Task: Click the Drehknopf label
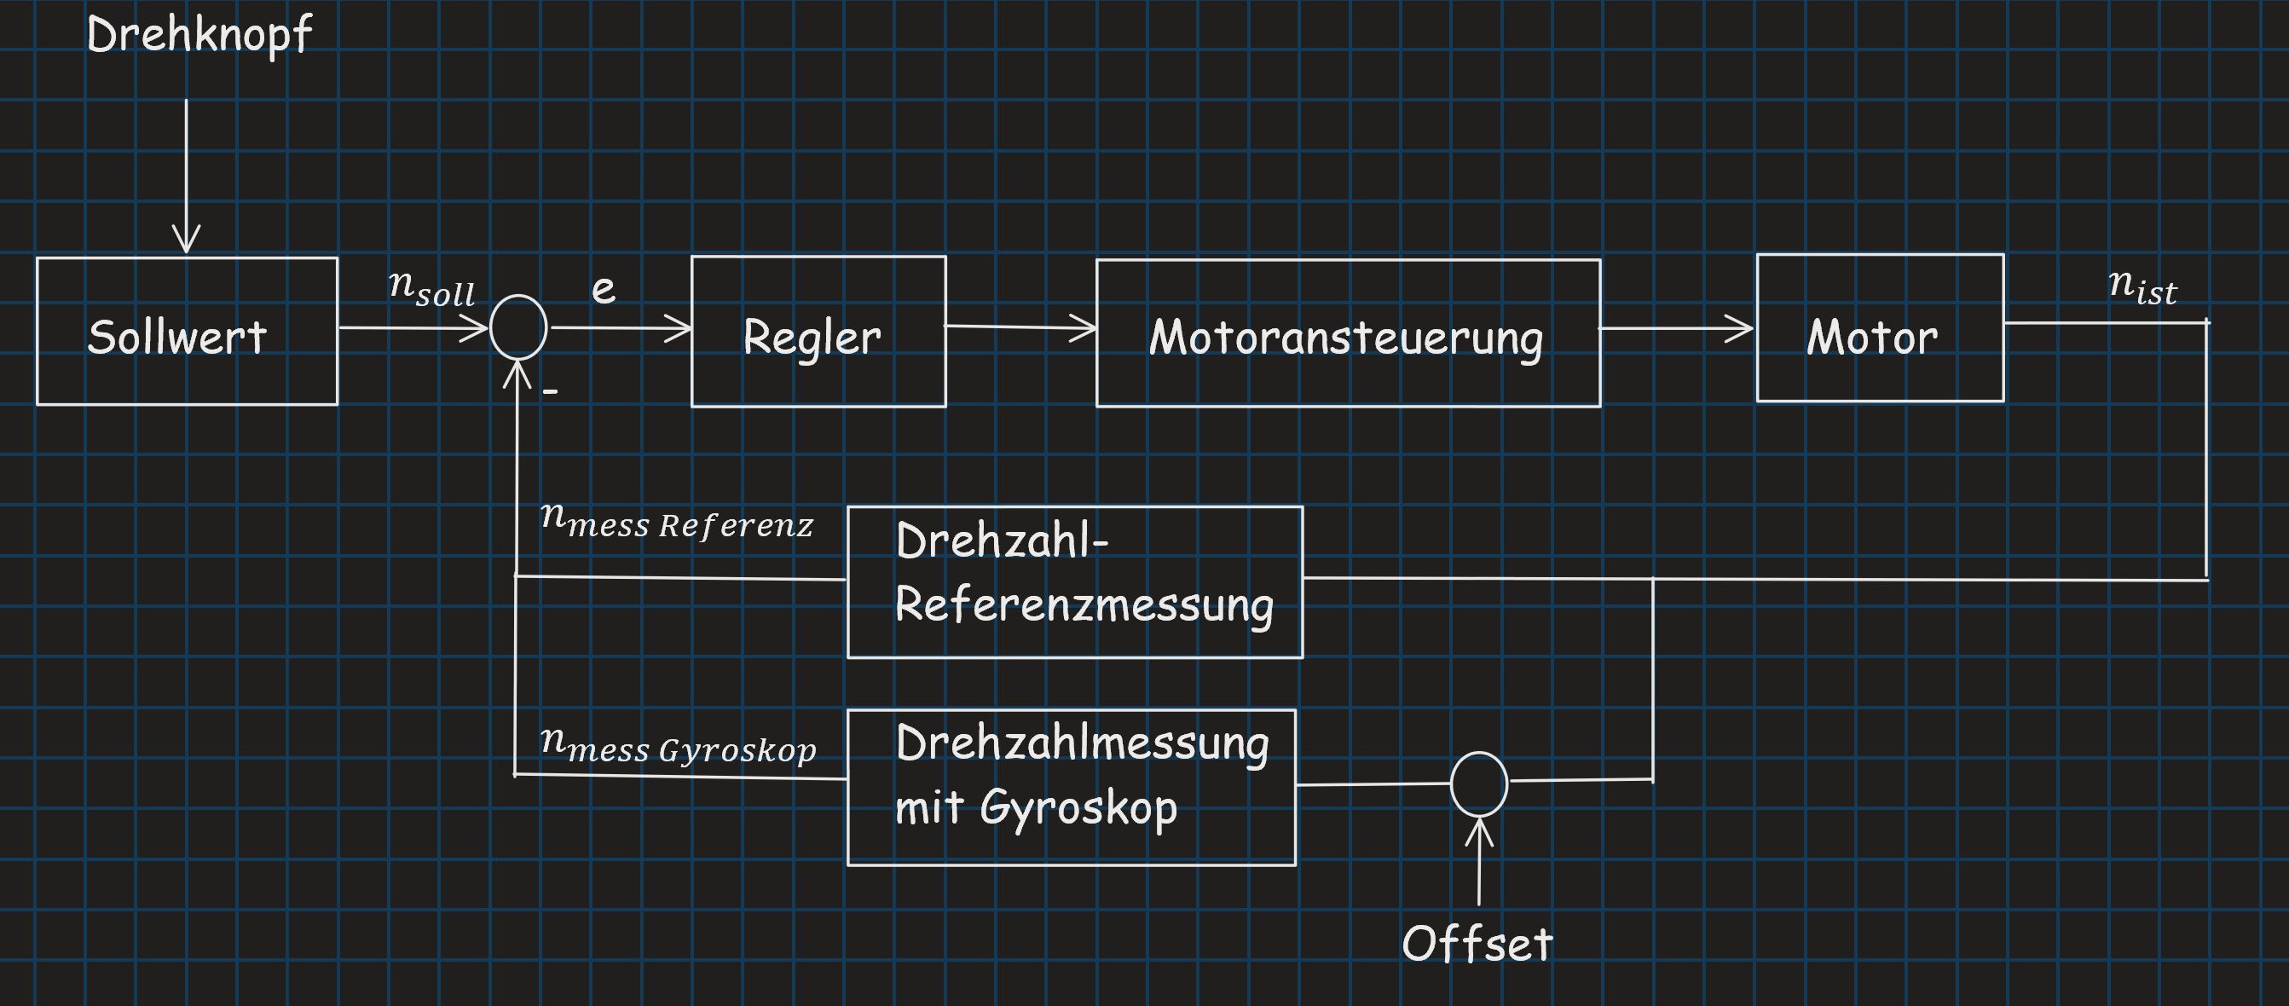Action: [x=199, y=36]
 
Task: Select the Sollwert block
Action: [x=187, y=332]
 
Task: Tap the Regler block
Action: [x=818, y=332]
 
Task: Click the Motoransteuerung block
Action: [x=1348, y=333]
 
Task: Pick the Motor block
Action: [x=1879, y=328]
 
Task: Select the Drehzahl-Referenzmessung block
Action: [x=1075, y=582]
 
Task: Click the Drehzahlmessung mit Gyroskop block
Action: [x=1071, y=787]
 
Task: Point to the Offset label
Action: [x=1477, y=944]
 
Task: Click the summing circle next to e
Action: [x=519, y=328]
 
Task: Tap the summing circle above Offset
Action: [x=1478, y=783]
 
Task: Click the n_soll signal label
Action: [x=433, y=288]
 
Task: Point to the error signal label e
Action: [x=604, y=289]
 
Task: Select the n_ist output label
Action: [x=2142, y=287]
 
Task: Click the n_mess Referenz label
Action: [x=677, y=522]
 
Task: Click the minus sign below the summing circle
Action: [x=550, y=390]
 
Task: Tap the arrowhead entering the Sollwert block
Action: [x=186, y=240]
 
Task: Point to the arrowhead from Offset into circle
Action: [x=1478, y=832]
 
